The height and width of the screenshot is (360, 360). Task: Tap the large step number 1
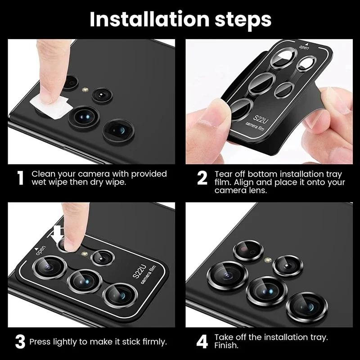20,178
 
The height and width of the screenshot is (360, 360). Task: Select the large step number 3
20,342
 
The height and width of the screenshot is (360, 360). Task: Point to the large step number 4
202,342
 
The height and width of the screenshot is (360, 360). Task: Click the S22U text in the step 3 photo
138,273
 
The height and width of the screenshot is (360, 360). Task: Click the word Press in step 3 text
40,342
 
